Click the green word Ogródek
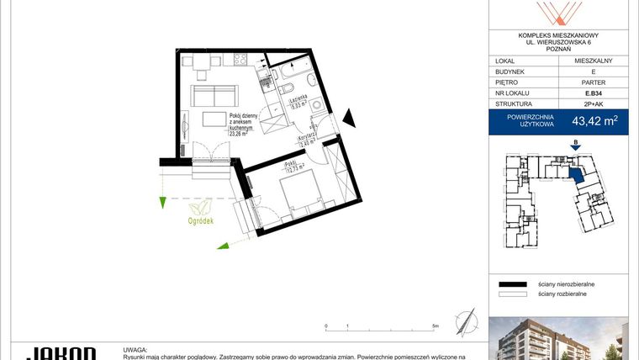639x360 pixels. click(x=201, y=222)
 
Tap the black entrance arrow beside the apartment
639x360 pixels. click(x=351, y=118)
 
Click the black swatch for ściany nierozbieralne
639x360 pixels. click(x=512, y=285)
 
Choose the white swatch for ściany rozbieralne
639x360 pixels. click(x=512, y=295)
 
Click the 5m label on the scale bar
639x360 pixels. click(x=435, y=325)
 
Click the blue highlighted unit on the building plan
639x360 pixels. click(x=576, y=175)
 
